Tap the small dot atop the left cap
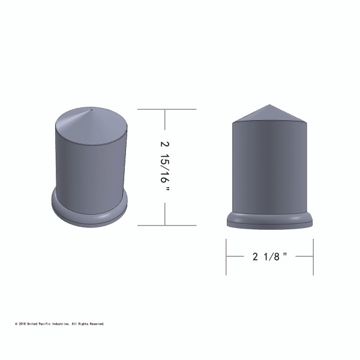click(89, 110)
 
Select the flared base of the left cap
click(90, 209)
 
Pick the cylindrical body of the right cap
click(269, 168)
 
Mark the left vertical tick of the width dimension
click(226, 257)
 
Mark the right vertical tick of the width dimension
click(313, 257)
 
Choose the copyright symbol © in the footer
click(16, 324)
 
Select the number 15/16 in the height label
click(166, 171)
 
